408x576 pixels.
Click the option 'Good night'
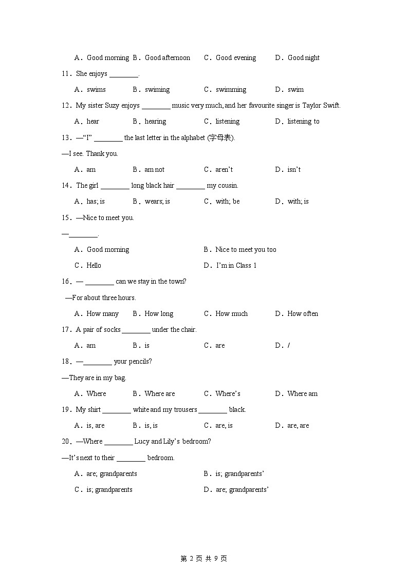(303, 58)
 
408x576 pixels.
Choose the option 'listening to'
(303, 122)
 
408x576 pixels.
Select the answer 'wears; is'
(157, 202)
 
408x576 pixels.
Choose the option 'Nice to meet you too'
(246, 250)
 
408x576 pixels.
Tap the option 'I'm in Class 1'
(236, 266)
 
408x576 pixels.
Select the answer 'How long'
(159, 314)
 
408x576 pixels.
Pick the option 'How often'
(303, 314)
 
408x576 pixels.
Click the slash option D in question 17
(289, 346)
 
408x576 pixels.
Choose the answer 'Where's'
(228, 394)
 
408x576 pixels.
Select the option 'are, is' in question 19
(224, 426)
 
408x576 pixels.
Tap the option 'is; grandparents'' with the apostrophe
(240, 474)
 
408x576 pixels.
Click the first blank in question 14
(115, 186)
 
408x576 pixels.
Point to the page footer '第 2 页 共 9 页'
(204, 559)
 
